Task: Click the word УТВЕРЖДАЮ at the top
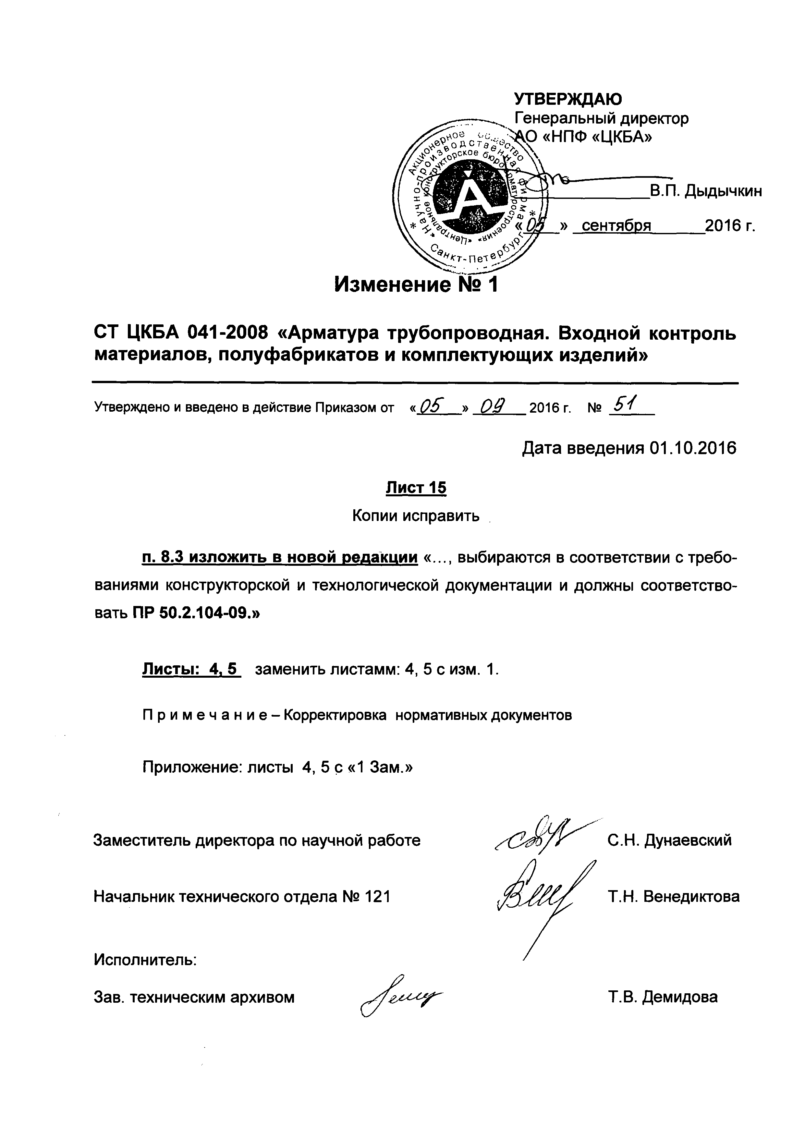pos(568,99)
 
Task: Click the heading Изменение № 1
pos(415,285)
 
